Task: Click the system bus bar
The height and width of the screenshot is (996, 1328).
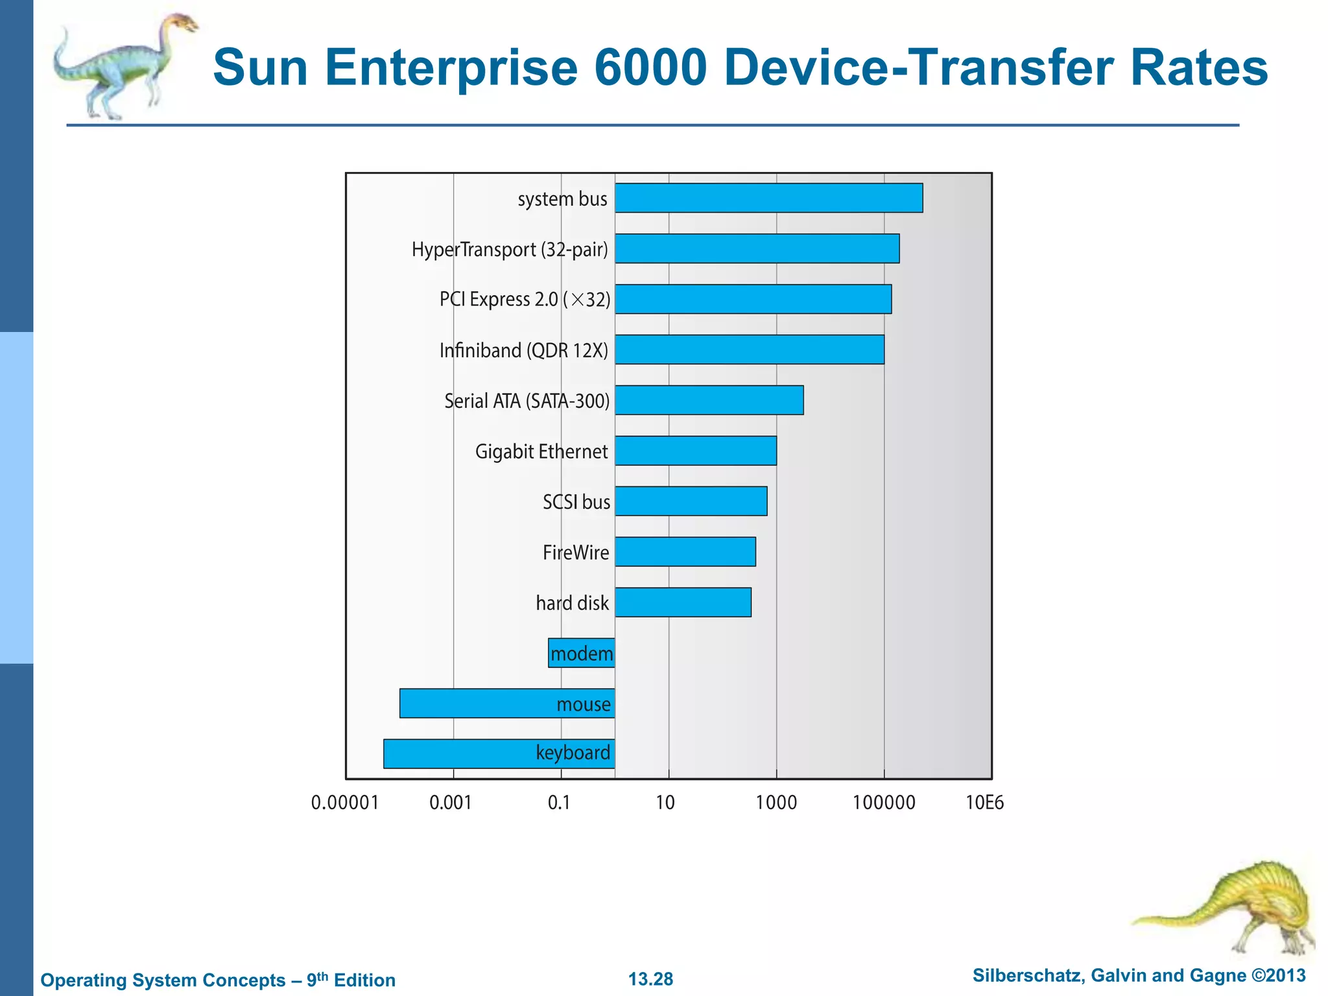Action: pos(768,198)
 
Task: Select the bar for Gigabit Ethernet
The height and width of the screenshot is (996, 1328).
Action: pos(695,451)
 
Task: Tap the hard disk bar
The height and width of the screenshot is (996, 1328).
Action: pos(683,602)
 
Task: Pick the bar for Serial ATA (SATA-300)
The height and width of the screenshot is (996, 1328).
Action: pos(709,400)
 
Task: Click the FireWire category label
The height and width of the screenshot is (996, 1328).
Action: pos(576,552)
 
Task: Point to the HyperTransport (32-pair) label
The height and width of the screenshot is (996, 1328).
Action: pos(510,249)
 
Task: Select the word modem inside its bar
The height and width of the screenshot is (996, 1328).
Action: pos(582,654)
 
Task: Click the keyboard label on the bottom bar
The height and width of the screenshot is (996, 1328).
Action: pos(573,753)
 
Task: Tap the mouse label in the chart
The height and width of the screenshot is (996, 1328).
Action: pos(584,704)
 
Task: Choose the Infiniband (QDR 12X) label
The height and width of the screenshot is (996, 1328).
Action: pos(524,350)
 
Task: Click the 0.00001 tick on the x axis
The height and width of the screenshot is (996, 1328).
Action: pos(344,803)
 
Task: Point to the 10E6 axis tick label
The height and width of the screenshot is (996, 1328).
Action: pos(984,803)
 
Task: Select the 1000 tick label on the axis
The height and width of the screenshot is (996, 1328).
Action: pos(776,803)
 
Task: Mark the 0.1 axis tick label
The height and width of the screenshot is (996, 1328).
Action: pos(559,803)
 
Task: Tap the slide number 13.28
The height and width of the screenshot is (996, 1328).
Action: pos(650,979)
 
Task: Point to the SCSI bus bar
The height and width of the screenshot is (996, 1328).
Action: pos(691,501)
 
